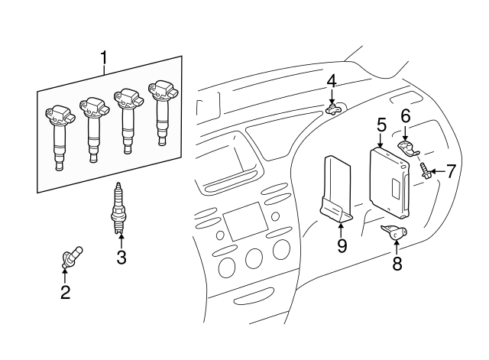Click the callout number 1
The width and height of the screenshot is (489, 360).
(x=105, y=57)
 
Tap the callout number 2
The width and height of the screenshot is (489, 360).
(x=66, y=291)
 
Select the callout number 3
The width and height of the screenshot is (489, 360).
(x=121, y=257)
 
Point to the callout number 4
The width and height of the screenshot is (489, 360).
(x=332, y=81)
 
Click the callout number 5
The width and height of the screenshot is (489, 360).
(x=381, y=123)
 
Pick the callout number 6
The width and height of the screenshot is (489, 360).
(x=406, y=115)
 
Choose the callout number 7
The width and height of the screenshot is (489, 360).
(x=451, y=171)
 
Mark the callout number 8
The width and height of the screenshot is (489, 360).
(x=397, y=265)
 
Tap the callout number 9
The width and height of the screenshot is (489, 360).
(x=341, y=245)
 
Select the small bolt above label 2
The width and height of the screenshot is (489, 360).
(x=70, y=258)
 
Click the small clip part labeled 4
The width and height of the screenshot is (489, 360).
(x=332, y=109)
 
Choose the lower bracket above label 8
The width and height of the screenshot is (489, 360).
(x=393, y=232)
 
